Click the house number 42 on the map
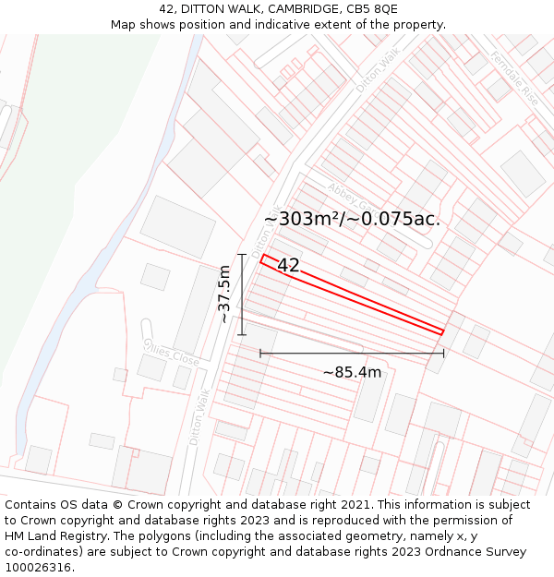tap(288, 266)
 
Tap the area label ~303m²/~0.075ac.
tap(352, 220)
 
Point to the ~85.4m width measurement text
tap(352, 372)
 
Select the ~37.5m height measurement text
tap(223, 294)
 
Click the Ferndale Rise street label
tap(514, 77)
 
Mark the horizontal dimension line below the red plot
tap(352, 353)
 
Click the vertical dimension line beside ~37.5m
tap(242, 294)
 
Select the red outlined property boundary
tap(352, 294)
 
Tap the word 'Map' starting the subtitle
tap(123, 25)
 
